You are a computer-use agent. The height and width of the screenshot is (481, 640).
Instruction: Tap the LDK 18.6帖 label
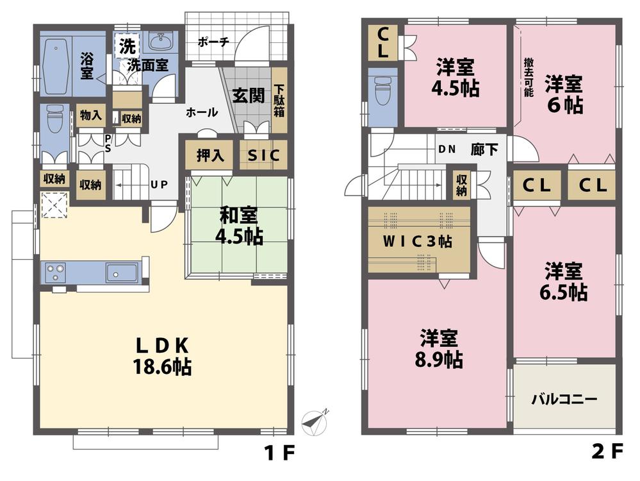[x=163, y=355]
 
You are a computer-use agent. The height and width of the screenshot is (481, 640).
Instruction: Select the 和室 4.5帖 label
[x=238, y=224]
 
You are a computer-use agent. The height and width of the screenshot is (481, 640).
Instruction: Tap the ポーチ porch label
[x=213, y=42]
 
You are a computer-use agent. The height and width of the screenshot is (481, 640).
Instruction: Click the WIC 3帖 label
[x=418, y=242]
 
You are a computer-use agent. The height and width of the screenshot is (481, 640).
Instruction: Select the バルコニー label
[x=564, y=398]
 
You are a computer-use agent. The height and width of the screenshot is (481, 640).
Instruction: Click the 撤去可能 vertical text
[x=528, y=76]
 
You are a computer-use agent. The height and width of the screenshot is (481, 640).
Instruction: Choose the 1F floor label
[x=279, y=453]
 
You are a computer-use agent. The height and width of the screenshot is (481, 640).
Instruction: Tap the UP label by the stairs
[x=159, y=185]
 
